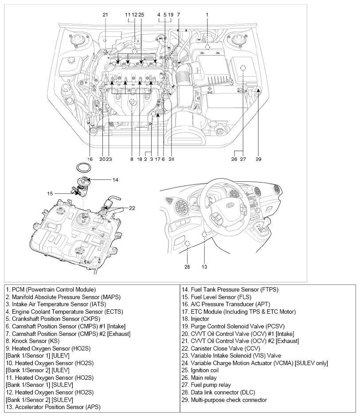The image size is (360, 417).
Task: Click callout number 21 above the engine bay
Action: point(105,15)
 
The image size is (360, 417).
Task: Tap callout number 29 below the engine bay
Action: point(258,158)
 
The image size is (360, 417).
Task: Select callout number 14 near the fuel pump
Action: point(115,180)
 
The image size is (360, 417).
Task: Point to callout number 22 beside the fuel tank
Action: point(132,208)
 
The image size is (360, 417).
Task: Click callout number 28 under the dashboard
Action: point(188,267)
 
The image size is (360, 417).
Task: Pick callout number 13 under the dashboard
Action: point(204,267)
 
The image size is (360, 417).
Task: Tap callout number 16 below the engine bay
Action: point(90,158)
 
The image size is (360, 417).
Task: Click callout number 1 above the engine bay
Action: point(207,15)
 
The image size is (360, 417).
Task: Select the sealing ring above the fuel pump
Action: point(83,168)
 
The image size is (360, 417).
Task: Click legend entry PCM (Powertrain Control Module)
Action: point(51,289)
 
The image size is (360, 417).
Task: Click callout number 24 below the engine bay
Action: point(171,158)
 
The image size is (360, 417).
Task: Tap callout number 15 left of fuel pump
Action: point(51,194)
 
